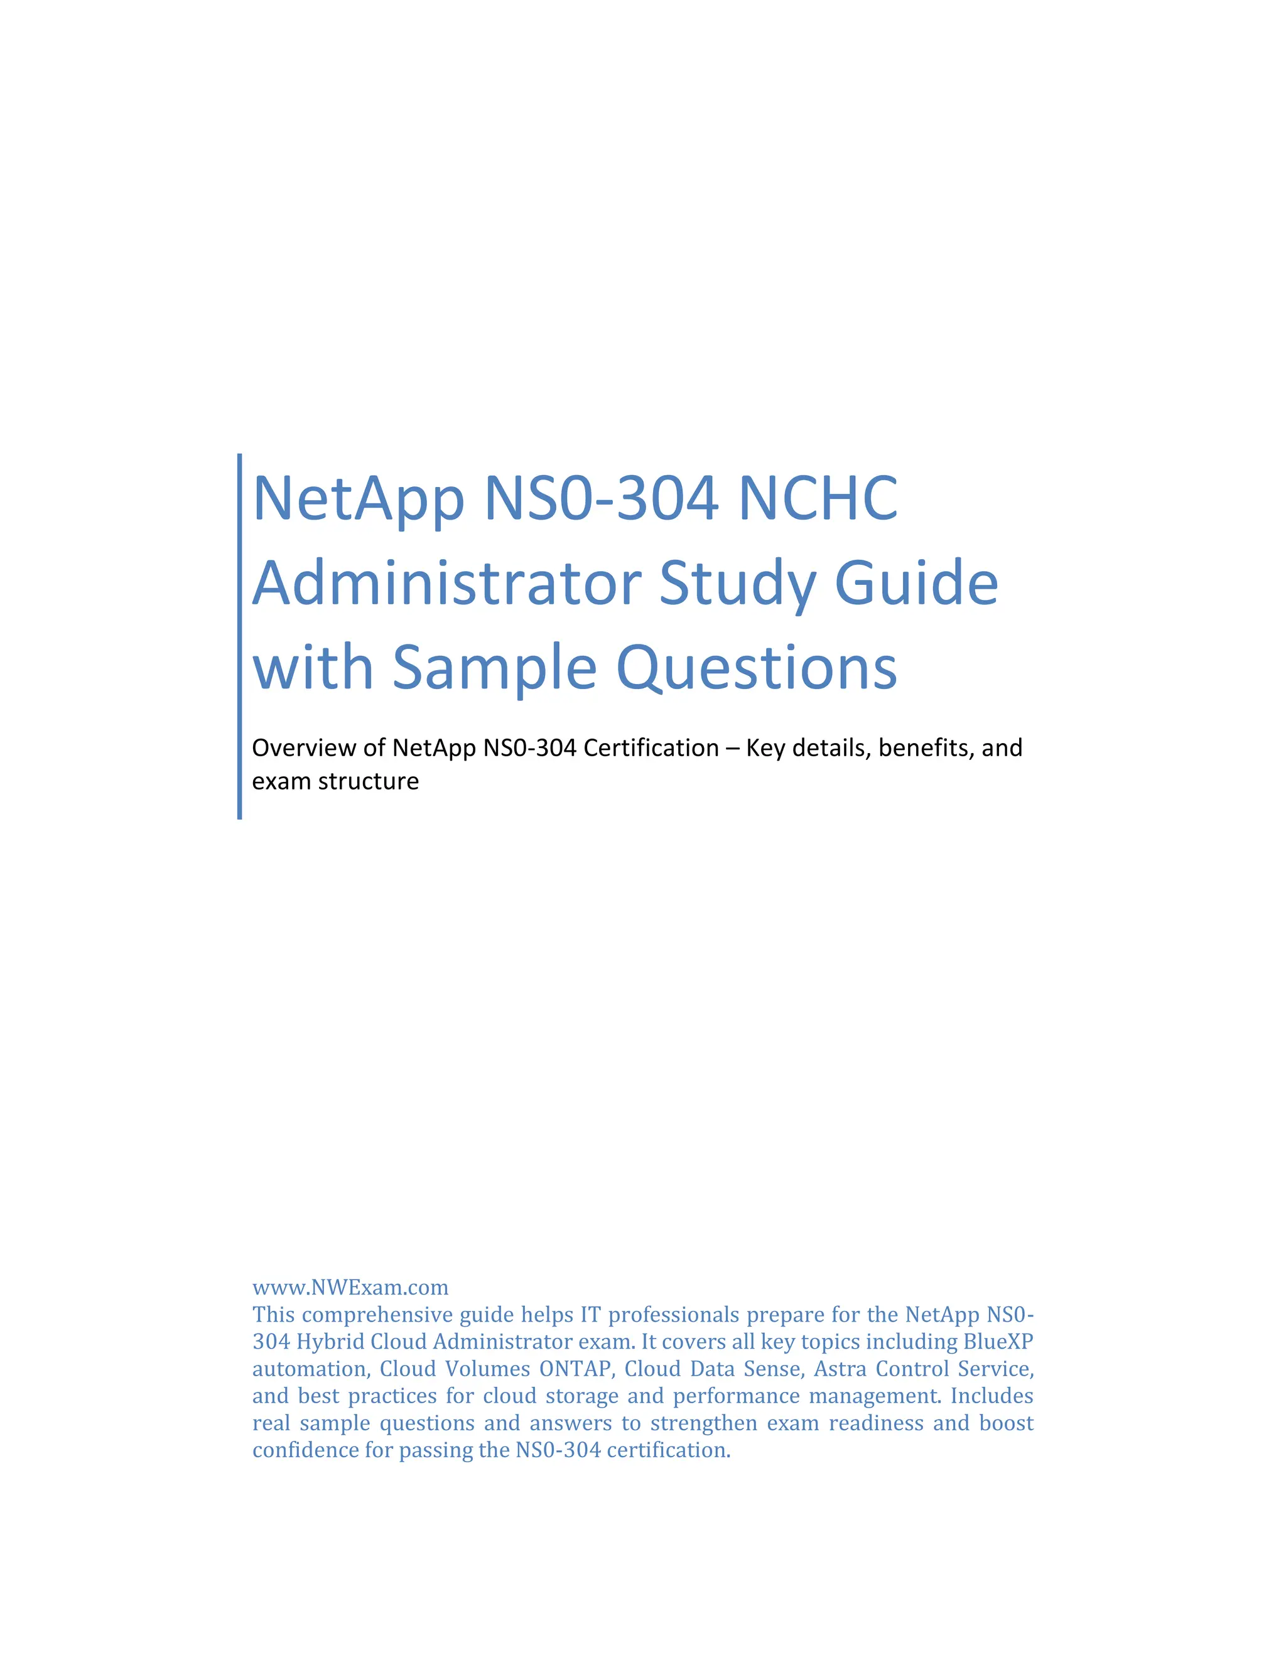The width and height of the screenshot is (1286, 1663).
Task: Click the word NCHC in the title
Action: point(818,499)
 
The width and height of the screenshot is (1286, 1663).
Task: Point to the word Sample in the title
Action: point(494,668)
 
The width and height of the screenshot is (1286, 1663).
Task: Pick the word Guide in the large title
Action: point(917,583)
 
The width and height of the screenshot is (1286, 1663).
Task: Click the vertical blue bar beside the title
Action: point(240,636)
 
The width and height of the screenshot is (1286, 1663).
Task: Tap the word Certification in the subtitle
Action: point(651,748)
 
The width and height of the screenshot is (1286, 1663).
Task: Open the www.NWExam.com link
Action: point(350,1287)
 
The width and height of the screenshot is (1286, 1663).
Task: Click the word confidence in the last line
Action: point(306,1450)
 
